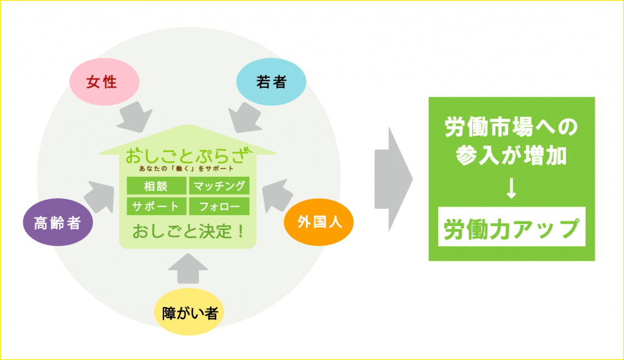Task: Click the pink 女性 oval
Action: pos(104,82)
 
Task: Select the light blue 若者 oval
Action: pos(271,82)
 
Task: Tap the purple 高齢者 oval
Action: pos(58,222)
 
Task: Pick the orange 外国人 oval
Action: pos(319,222)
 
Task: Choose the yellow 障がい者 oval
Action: pos(189,312)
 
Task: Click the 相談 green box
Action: pos(157,186)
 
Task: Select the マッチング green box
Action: pos(219,186)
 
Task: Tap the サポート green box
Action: pos(157,206)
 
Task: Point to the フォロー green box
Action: pos(219,206)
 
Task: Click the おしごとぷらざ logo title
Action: pos(189,155)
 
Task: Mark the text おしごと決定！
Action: pos(188,231)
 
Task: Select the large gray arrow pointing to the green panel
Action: pos(393,179)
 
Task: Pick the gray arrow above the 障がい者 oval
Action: pos(188,269)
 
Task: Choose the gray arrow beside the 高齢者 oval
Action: pos(100,197)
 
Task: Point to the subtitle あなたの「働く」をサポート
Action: pos(186,168)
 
